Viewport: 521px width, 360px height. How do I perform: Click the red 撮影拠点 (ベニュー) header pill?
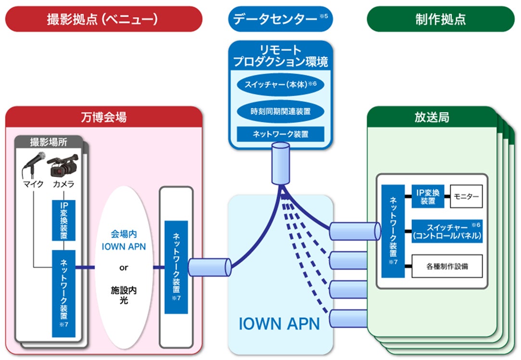tap(103, 19)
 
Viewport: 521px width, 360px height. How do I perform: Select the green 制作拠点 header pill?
tap(440, 19)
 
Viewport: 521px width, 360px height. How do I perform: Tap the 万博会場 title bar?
tap(103, 117)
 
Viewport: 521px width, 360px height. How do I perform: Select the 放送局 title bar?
tap(431, 117)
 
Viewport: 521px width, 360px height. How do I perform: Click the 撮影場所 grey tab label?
tap(48, 142)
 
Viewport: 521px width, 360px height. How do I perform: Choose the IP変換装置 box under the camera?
tap(64, 219)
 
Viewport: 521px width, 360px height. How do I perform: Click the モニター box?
tap(466, 197)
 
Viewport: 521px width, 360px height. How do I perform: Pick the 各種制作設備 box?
tap(447, 266)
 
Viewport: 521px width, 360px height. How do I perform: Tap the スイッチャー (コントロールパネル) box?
tap(447, 231)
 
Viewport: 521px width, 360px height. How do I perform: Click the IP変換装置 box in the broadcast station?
tap(428, 197)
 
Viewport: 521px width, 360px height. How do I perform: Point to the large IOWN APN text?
tap(279, 323)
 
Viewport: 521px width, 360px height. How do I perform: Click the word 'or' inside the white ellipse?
tap(124, 268)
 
